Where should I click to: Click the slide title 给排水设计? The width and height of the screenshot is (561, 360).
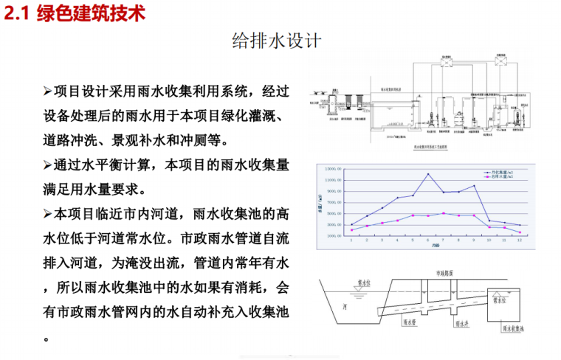pyautogui.click(x=276, y=41)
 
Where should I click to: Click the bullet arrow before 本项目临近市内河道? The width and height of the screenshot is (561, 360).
pyautogui.click(x=48, y=213)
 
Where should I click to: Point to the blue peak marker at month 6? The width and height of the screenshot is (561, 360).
pyautogui.click(x=428, y=174)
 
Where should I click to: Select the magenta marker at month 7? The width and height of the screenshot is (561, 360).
pyautogui.click(x=443, y=213)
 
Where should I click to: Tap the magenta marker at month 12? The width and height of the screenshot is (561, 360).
pyautogui.click(x=520, y=232)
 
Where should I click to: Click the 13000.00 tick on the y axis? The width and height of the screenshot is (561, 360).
pyautogui.click(x=332, y=169)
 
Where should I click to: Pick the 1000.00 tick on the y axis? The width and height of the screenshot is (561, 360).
pyautogui.click(x=334, y=235)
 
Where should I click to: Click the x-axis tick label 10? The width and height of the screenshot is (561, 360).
pyautogui.click(x=489, y=241)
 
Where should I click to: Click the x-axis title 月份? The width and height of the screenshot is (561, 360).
pyautogui.click(x=436, y=247)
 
